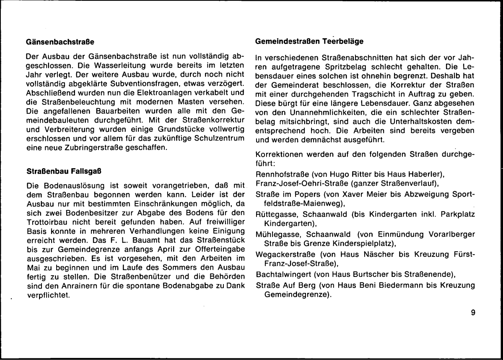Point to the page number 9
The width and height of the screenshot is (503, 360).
(x=473, y=312)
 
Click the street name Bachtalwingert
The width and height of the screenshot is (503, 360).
(x=279, y=275)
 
